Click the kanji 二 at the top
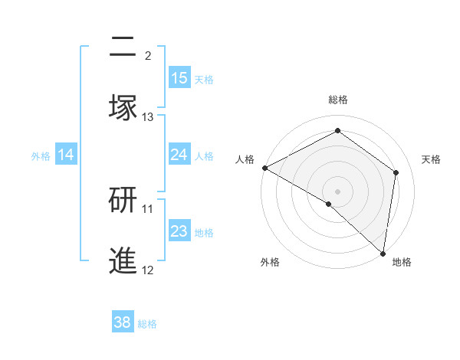[123, 47]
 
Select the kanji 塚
[123, 108]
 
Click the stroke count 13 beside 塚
[148, 117]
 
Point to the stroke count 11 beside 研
[148, 208]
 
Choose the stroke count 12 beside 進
[148, 270]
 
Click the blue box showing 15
[179, 78]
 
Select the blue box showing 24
[179, 155]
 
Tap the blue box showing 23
[179, 231]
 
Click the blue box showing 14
[66, 155]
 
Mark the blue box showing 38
[123, 322]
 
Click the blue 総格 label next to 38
[147, 324]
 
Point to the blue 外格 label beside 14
[41, 156]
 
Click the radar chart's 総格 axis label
[338, 100]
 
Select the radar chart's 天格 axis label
[432, 159]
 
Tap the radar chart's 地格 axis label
[402, 262]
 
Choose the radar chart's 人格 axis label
[245, 159]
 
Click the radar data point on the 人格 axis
[264, 168]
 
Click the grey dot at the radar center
[338, 191]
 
